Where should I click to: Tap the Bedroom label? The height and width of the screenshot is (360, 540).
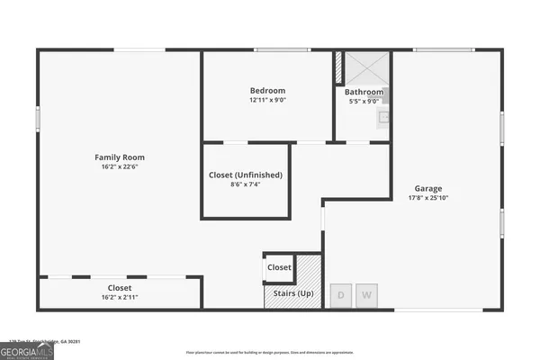click(x=267, y=90)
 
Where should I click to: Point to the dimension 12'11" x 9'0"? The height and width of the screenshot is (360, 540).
click(x=267, y=100)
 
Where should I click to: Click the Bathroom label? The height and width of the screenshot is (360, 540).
click(x=364, y=92)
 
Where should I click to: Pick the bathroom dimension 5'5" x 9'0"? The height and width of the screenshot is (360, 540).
click(x=364, y=101)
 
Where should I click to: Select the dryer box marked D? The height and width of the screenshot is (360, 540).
click(x=342, y=295)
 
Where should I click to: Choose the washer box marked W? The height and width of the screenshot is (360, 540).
click(x=367, y=295)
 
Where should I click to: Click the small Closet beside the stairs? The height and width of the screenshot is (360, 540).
click(x=279, y=267)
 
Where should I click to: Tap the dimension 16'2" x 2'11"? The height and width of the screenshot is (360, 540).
click(x=120, y=297)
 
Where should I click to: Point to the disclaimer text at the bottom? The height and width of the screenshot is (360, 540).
click(x=270, y=352)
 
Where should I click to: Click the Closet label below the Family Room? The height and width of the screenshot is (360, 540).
click(x=120, y=288)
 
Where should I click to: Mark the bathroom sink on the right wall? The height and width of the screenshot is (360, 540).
click(x=383, y=117)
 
